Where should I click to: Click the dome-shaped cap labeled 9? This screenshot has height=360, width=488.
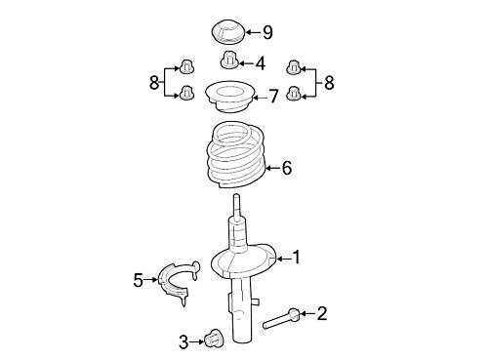[x=226, y=32]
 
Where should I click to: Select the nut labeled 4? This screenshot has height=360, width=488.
[x=229, y=60]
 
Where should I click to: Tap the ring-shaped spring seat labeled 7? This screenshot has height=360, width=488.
[x=229, y=97]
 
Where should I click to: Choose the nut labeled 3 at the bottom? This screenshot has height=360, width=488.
[x=214, y=339]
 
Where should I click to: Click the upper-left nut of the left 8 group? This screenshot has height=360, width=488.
[x=186, y=66]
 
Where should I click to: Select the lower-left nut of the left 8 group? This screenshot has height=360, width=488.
[x=186, y=93]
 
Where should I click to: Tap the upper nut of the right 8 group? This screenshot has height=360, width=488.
[x=294, y=67]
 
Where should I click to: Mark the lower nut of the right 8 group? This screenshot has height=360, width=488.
[x=294, y=94]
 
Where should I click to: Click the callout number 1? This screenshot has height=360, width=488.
[x=296, y=258]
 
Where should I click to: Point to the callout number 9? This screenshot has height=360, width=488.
[x=267, y=32]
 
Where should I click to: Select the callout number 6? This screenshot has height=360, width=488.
[x=287, y=168]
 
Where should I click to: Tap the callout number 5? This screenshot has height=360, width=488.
[x=139, y=280]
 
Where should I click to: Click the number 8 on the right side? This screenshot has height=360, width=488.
[x=329, y=82]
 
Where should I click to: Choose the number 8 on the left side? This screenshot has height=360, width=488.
[x=154, y=82]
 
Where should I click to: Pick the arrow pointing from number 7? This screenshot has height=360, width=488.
[x=260, y=97]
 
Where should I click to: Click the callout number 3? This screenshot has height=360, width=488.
[x=183, y=342]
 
